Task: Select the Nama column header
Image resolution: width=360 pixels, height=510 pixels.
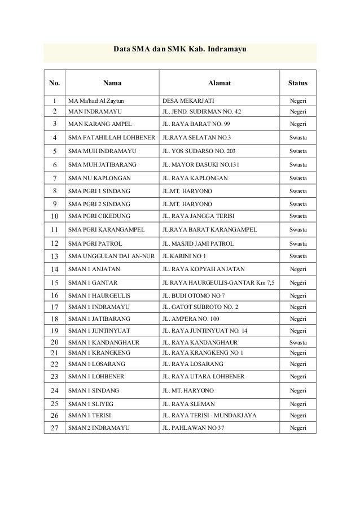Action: pyautogui.click(x=111, y=84)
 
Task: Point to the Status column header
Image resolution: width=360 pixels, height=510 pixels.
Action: pyautogui.click(x=297, y=84)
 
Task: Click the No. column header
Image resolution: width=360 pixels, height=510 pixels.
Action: pyautogui.click(x=54, y=84)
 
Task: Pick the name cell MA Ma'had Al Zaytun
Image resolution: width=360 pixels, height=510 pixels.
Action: pyautogui.click(x=95, y=101)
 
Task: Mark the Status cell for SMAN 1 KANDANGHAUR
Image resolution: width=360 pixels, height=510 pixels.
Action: pyautogui.click(x=297, y=342)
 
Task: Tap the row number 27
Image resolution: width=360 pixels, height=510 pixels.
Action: pyautogui.click(x=54, y=428)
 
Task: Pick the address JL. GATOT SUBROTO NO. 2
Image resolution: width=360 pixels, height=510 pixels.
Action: pyautogui.click(x=200, y=307)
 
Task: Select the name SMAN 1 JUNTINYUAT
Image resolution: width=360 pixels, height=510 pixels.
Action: pyautogui.click(x=99, y=330)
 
